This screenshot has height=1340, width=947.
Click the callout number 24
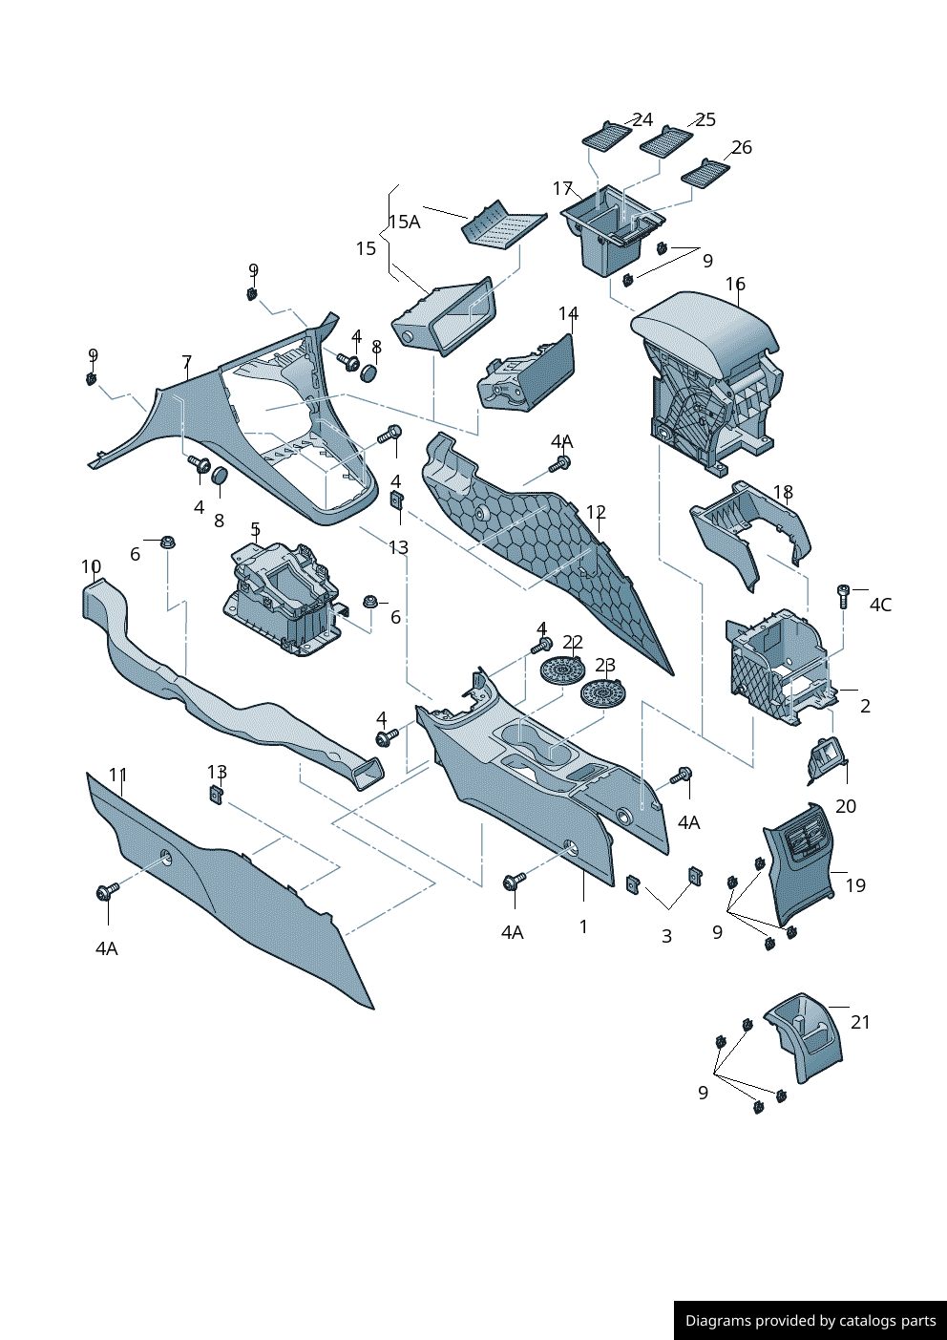coord(642,119)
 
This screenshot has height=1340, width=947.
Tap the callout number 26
coord(742,147)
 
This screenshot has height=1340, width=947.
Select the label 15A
coord(404,222)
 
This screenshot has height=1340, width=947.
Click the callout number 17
coord(562,188)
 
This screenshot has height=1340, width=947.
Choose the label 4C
coord(880,605)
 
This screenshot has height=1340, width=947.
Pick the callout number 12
coord(596,512)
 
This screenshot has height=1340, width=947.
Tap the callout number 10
coord(91,566)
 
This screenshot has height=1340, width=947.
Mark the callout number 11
coord(117,775)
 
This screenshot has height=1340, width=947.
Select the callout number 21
coord(860,1022)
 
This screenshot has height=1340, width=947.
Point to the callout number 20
coord(846,806)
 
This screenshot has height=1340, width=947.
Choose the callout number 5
coord(255,529)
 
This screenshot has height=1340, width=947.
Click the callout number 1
coord(583,926)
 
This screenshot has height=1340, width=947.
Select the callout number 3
coord(666,936)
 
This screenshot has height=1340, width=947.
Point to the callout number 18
coord(783,492)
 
